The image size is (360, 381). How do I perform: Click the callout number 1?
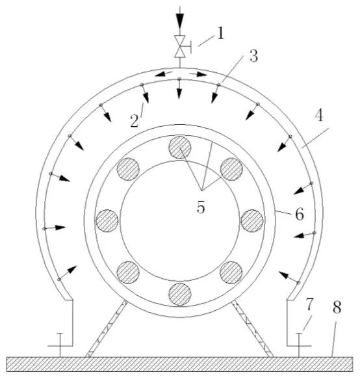(220, 33)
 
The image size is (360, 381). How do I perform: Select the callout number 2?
(135, 121)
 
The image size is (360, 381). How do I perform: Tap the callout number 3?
(253, 56)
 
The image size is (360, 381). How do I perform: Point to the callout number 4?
(319, 115)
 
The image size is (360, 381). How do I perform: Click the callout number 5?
(201, 207)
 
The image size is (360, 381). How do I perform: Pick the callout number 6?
(300, 215)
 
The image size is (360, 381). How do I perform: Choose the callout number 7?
(309, 304)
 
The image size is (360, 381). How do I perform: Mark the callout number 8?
(337, 308)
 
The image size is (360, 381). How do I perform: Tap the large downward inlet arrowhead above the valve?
(180, 21)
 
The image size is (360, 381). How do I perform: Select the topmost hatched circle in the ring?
(180, 147)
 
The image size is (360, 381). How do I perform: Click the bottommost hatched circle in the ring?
(180, 294)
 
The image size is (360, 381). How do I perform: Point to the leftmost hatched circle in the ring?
(107, 220)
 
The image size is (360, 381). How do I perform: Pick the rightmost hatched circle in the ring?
(252, 221)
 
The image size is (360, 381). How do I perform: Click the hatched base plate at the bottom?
(179, 364)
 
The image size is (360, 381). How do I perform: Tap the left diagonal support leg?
(106, 328)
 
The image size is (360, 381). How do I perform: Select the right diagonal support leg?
(252, 328)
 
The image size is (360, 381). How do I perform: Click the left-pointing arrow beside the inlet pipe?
(164, 73)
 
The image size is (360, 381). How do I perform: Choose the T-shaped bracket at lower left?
(60, 345)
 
